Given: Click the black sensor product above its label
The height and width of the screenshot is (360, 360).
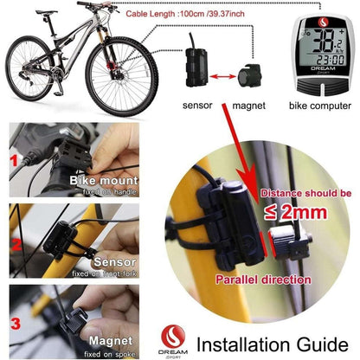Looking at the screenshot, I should [x=196, y=72].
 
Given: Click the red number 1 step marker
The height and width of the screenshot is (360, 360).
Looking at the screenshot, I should [x=13, y=160].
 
